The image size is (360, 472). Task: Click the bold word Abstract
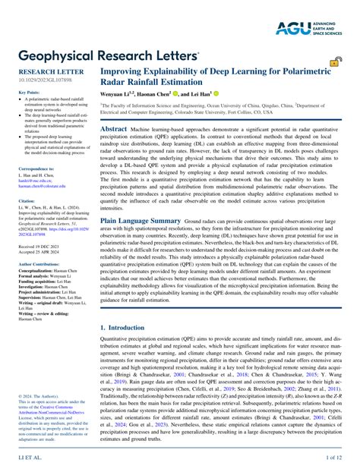coord(114,130)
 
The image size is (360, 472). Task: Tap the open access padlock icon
coord(334,63)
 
